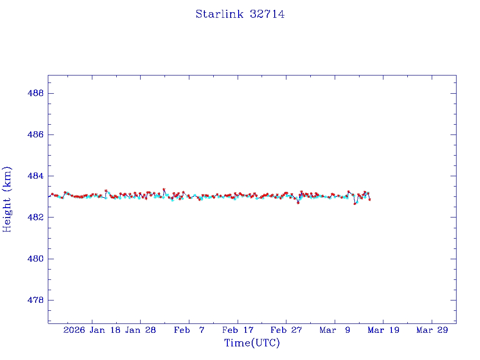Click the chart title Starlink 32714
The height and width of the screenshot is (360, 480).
pos(240,14)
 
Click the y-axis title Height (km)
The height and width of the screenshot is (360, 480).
pos(7,199)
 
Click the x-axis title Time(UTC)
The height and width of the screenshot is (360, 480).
pos(252,343)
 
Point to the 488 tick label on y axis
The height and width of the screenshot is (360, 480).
pos(36,93)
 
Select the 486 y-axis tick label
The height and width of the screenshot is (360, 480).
pos(36,135)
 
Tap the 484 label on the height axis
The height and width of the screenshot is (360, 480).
pos(36,176)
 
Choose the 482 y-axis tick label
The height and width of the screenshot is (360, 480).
pos(36,217)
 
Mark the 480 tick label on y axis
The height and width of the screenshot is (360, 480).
pos(36,259)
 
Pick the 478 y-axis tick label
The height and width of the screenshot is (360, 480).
pos(36,300)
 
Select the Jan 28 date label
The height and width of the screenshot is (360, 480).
pos(141,330)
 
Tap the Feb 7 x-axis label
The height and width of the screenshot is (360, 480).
pos(189,330)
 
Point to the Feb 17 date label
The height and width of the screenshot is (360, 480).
pos(238,330)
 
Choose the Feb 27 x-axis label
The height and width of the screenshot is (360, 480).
pos(286,330)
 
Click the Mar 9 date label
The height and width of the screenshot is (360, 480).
pos(335,330)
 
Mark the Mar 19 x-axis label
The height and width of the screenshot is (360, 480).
pos(383,330)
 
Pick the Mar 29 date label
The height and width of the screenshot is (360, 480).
pos(432,330)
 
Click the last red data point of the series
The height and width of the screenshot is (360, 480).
pos(370,200)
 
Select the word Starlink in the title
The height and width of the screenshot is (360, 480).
pos(219,14)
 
